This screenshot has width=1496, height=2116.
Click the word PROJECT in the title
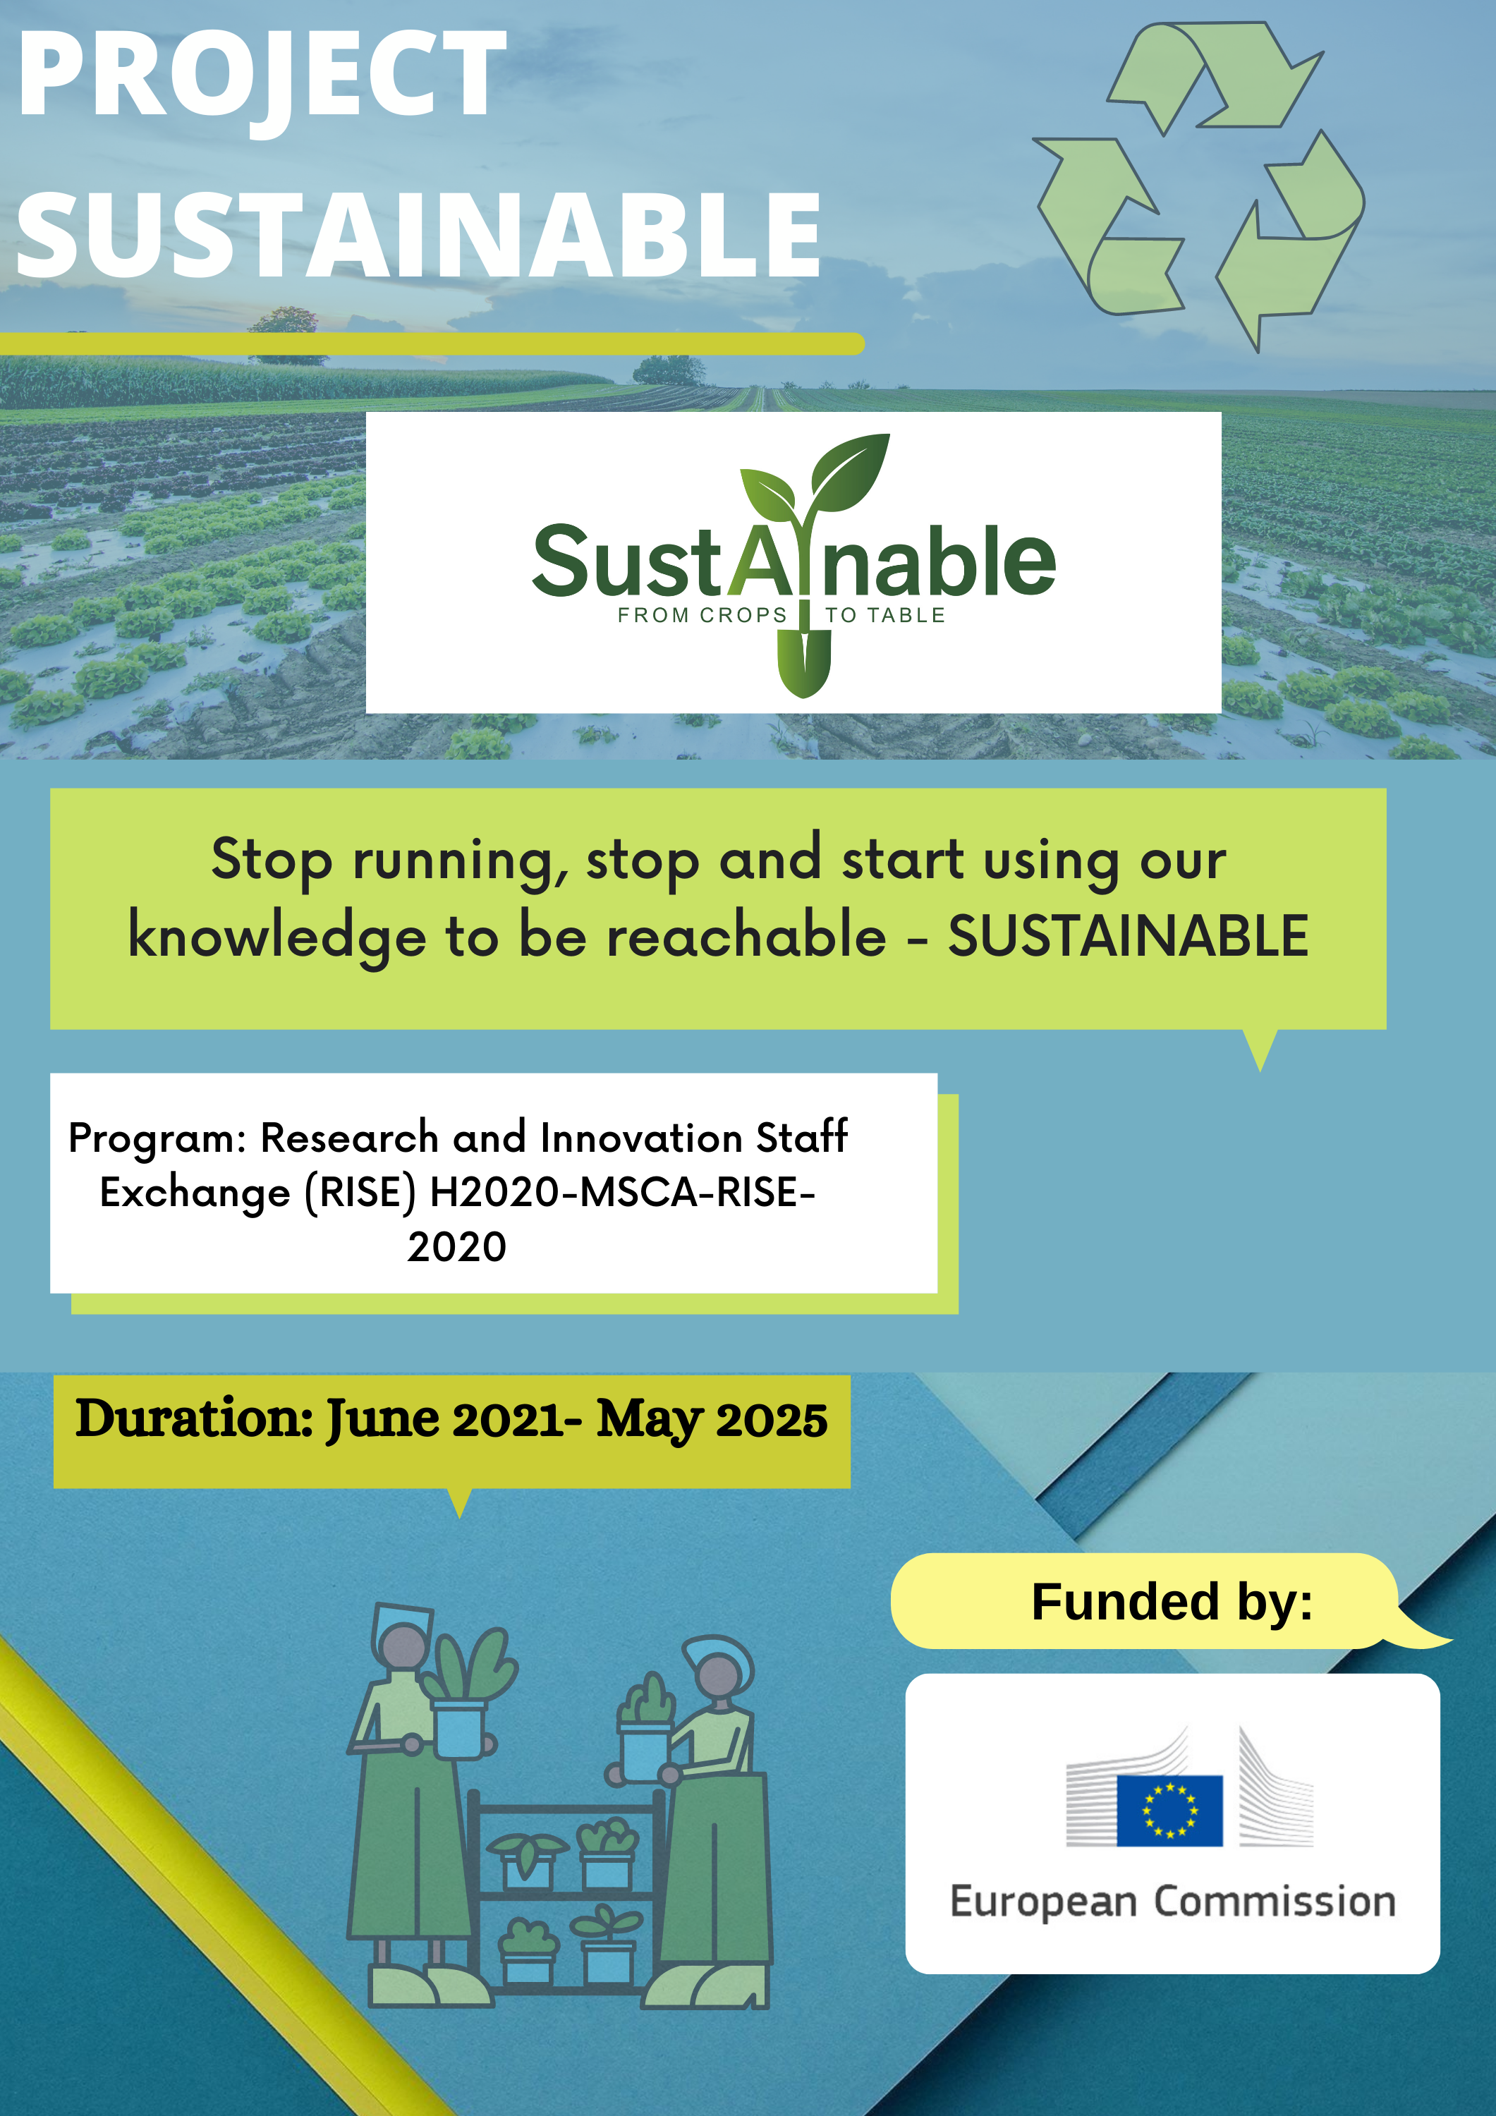click(262, 78)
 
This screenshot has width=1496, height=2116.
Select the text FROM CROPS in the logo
click(703, 616)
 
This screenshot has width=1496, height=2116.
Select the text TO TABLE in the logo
click(885, 616)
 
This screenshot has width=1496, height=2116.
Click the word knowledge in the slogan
click(276, 938)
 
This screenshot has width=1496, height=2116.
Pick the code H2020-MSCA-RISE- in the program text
click(623, 1193)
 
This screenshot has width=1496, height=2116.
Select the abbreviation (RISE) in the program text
click(360, 1193)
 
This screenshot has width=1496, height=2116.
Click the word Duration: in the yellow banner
click(195, 1418)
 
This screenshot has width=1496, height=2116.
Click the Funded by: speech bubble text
click(1172, 1602)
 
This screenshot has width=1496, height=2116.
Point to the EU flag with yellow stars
click(1169, 1811)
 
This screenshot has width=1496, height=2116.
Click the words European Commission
click(1172, 1902)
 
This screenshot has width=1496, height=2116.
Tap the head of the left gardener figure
click(403, 1644)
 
